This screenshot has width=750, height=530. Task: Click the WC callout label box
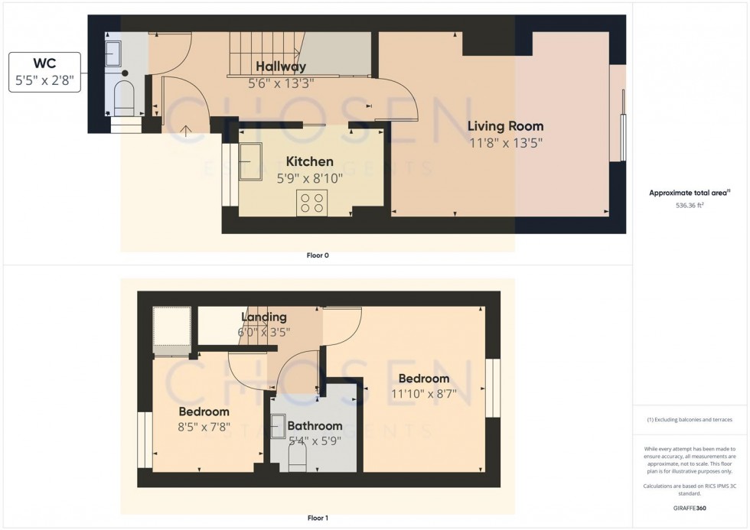(x=45, y=73)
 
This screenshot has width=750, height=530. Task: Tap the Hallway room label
(x=281, y=67)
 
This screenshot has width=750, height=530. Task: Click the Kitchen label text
(x=309, y=161)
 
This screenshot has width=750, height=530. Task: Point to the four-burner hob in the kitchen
(x=311, y=203)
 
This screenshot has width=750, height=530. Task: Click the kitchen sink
(x=250, y=161)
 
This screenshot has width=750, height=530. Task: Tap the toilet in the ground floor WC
(x=123, y=98)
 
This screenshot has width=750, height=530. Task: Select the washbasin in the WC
(x=114, y=54)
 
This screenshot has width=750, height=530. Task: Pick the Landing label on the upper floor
(x=264, y=317)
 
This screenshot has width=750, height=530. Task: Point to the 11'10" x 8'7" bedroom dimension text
(x=423, y=394)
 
